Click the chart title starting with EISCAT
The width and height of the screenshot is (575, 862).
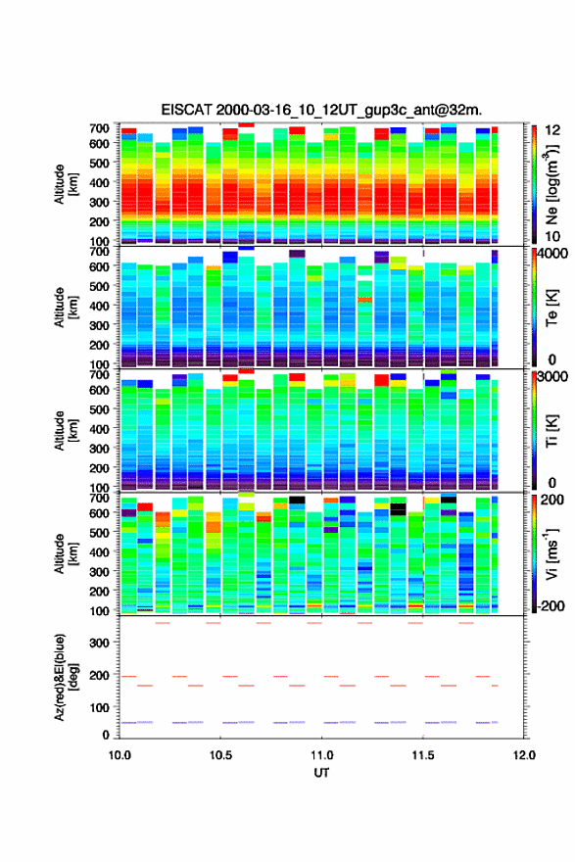point(321,110)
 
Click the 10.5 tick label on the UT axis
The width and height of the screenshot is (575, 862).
point(220,755)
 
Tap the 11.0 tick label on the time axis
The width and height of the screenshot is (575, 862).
point(321,755)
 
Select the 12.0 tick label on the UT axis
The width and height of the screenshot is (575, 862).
point(524,755)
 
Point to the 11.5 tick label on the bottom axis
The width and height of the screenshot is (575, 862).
point(423,755)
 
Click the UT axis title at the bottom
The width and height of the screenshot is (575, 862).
point(321,773)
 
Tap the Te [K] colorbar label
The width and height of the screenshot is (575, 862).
point(551,307)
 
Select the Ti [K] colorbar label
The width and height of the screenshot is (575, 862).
point(551,430)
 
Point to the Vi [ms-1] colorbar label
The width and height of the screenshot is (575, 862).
point(551,553)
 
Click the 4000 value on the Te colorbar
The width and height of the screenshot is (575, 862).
point(553,254)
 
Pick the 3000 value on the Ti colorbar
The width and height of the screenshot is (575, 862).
point(553,376)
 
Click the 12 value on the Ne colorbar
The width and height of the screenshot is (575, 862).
point(552,130)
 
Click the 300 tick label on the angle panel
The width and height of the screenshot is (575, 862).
point(100,643)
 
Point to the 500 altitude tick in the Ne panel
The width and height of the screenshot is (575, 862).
point(100,163)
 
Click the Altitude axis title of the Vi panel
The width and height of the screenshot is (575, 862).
point(66,553)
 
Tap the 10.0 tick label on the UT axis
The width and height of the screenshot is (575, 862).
point(120,755)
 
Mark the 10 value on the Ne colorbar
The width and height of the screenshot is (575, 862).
point(552,236)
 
